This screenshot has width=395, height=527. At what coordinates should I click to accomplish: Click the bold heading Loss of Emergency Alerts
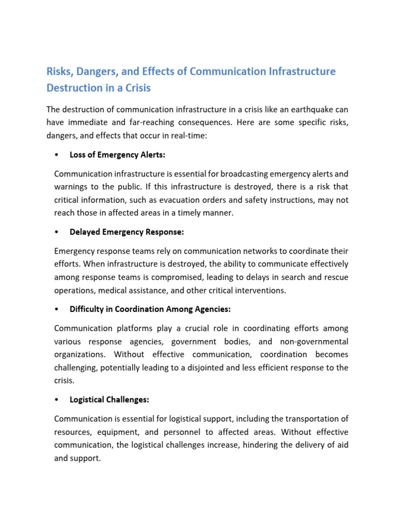[117, 155]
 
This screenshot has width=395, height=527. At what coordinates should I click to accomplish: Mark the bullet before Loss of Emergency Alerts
[56, 155]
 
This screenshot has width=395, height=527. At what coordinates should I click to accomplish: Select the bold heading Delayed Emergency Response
[127, 232]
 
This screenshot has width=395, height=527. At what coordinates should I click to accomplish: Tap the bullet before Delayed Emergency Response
[56, 232]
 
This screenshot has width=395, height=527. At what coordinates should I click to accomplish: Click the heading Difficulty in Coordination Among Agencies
[150, 309]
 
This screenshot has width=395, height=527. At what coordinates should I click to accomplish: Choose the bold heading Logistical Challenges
[109, 399]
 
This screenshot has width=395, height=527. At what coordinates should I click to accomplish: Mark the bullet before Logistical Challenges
[56, 399]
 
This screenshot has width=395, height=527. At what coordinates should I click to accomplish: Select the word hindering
[258, 444]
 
